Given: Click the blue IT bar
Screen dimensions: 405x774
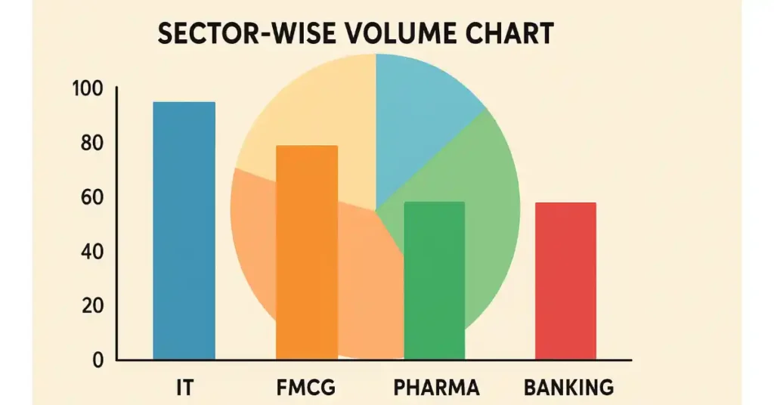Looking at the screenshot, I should click(x=184, y=230).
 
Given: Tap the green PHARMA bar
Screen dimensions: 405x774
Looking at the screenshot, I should click(x=435, y=280).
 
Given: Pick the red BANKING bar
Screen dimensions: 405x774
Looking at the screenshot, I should click(x=565, y=280).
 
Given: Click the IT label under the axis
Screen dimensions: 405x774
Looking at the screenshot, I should click(x=183, y=388).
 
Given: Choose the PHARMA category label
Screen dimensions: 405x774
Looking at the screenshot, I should click(x=436, y=388).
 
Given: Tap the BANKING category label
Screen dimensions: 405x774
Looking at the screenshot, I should click(x=568, y=388).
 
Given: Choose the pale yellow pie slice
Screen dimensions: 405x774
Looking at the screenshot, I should click(x=302, y=113).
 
